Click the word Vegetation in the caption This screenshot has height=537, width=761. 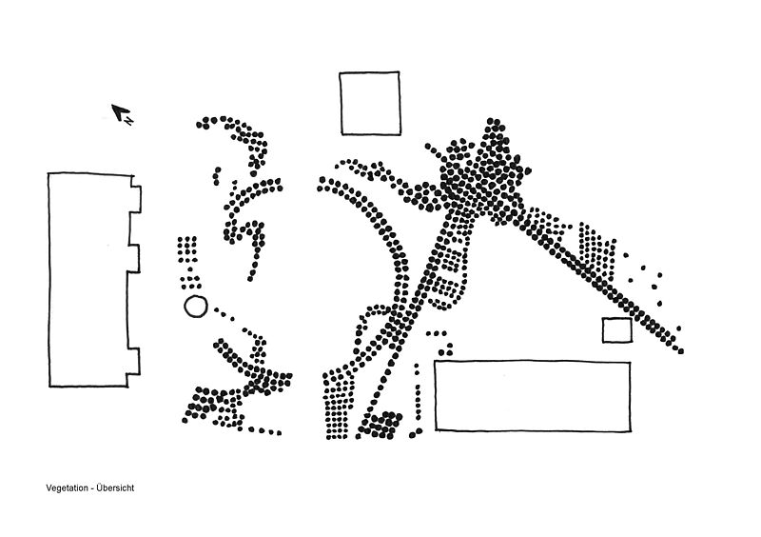66,488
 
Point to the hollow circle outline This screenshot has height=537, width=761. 194,307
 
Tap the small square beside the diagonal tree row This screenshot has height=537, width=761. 616,330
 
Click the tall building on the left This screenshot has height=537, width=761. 88,280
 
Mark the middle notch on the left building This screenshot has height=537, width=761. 134,258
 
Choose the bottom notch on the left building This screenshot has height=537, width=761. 134,361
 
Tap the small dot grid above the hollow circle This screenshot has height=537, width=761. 187,248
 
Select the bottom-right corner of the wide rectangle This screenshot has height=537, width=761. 630,429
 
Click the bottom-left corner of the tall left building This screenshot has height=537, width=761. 49,387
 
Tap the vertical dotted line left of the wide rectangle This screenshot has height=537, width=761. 417,390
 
